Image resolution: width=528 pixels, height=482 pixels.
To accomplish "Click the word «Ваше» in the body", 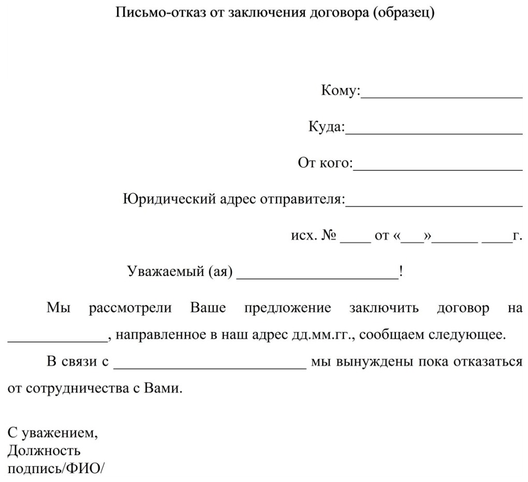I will [208, 309].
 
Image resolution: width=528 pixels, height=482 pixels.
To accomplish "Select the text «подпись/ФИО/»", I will [56, 469].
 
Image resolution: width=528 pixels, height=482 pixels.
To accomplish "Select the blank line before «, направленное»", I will [57, 341].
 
